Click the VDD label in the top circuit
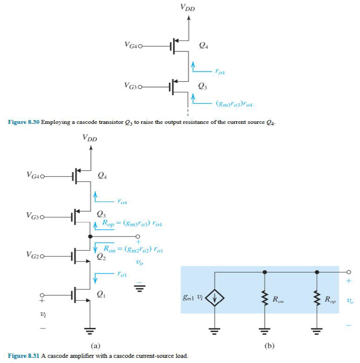tap(188, 8)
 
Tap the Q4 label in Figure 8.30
tap(204, 45)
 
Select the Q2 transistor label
tap(101, 257)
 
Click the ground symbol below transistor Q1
tap(90, 330)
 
